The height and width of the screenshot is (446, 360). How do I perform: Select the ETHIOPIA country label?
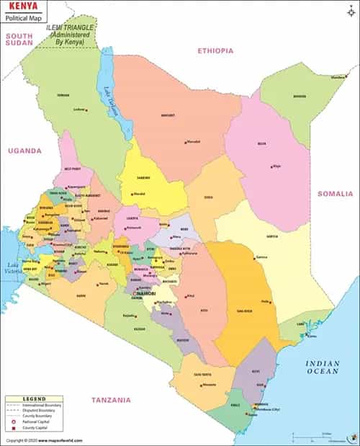[216, 50]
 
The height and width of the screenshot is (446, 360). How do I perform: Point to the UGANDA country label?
[24, 151]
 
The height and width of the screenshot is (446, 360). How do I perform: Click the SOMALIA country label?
[336, 194]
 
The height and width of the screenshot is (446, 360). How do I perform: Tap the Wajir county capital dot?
[271, 165]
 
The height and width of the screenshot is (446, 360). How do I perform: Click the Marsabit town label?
[193, 142]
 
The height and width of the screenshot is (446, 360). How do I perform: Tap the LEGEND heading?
[34, 398]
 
